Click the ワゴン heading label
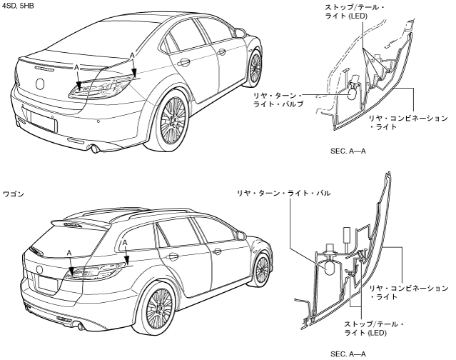(x=14, y=194)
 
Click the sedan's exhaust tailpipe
(x=93, y=149)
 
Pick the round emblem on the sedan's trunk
(x=40, y=83)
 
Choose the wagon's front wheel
(x=262, y=268)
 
